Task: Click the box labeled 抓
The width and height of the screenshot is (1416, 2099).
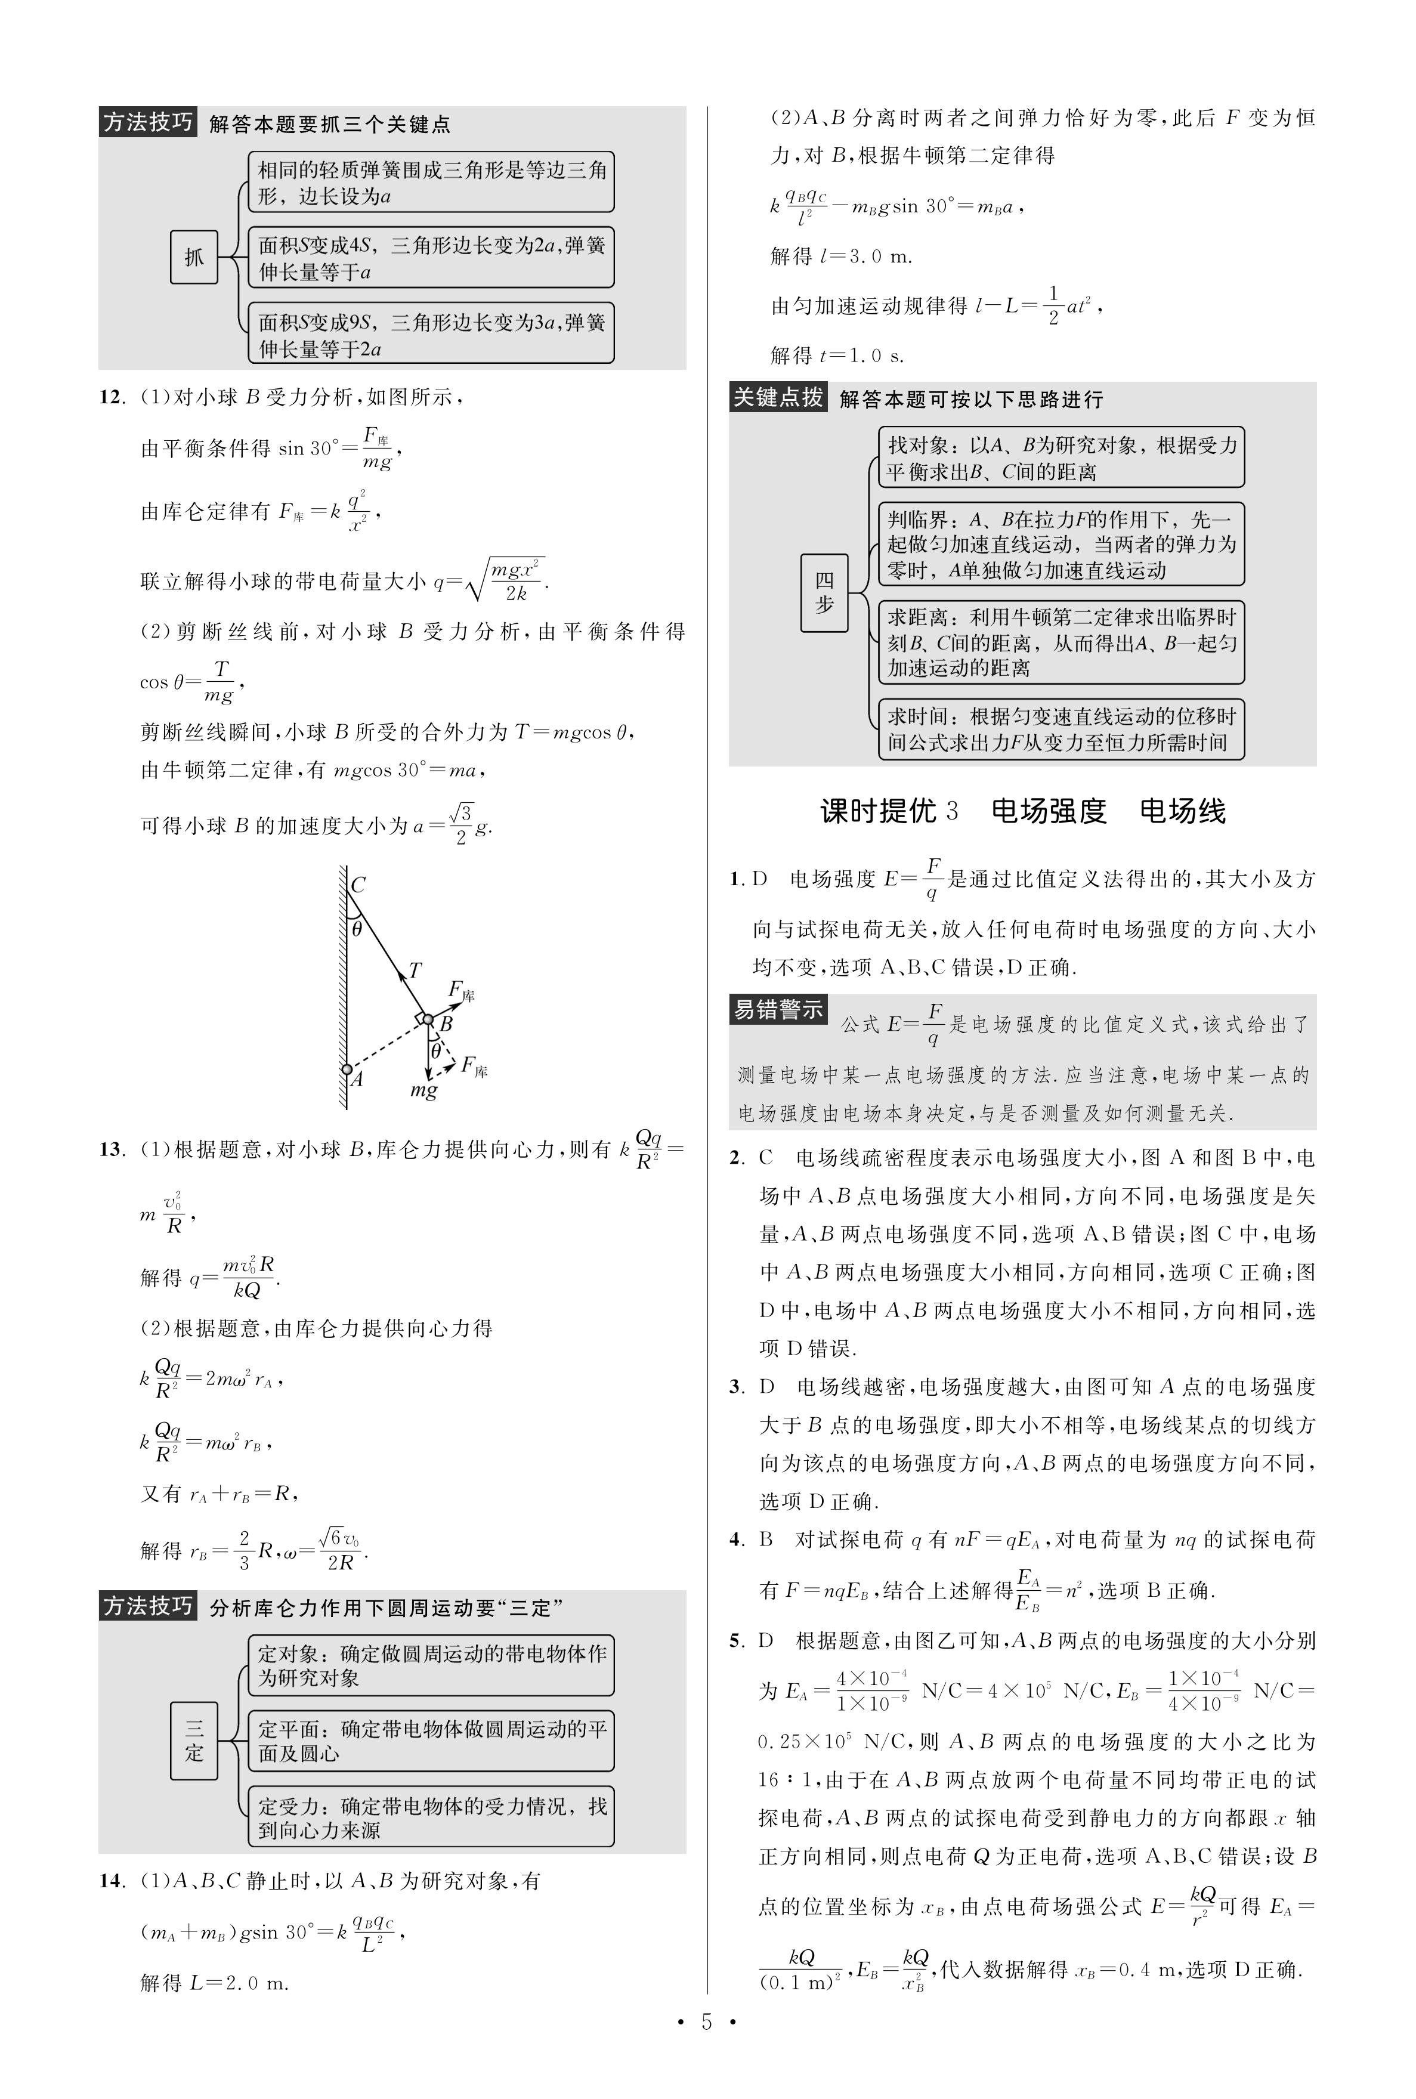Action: point(194,257)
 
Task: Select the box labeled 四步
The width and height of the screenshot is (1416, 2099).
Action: point(824,592)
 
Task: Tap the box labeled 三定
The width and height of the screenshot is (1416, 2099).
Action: point(194,1741)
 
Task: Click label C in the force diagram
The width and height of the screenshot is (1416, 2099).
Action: point(358,885)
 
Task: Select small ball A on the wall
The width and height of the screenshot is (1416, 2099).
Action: point(347,1070)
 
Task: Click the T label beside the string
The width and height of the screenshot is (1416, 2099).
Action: point(415,970)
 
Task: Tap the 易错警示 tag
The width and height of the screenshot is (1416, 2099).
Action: point(778,1009)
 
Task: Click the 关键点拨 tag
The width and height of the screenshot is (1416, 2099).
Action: point(778,397)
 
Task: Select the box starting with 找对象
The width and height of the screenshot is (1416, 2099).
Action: point(1061,457)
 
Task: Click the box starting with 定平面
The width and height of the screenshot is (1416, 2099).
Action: point(432,1741)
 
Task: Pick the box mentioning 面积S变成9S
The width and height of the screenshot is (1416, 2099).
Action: point(432,334)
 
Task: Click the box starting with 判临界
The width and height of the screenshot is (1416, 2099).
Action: point(1061,545)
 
